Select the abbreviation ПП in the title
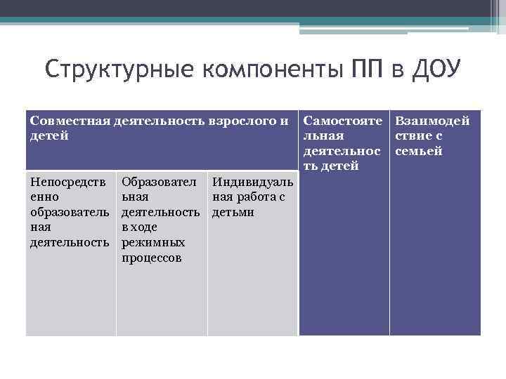click(x=365, y=71)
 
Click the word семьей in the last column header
click(x=419, y=152)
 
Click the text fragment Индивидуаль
click(x=252, y=182)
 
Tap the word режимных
click(x=153, y=243)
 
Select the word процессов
click(x=152, y=258)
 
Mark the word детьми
click(x=233, y=212)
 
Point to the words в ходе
click(x=139, y=227)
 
